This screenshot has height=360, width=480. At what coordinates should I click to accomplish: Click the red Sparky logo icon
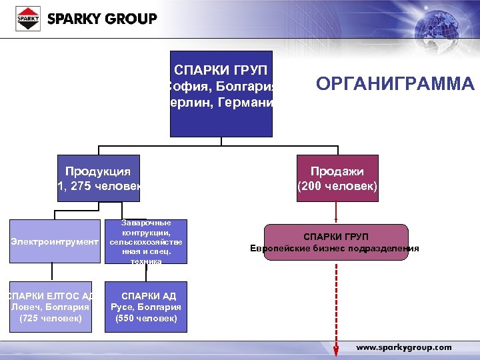(x=28, y=19)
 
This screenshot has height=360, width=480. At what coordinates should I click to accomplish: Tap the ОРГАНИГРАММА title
(x=395, y=84)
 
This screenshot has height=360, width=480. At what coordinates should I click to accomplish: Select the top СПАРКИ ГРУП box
(x=221, y=93)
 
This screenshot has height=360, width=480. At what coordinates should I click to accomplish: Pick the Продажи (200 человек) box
(x=337, y=178)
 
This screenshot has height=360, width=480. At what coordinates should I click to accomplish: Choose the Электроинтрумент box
(x=54, y=241)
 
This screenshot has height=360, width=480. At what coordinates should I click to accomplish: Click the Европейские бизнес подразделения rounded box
(x=335, y=242)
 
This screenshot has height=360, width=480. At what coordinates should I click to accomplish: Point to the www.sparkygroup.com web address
(x=404, y=347)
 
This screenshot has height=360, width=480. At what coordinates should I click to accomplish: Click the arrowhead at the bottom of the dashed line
(x=337, y=351)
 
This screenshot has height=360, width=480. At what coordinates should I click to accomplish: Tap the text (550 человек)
(x=146, y=319)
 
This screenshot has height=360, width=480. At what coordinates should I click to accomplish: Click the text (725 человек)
(x=51, y=319)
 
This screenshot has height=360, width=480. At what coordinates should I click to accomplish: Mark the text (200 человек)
(x=337, y=187)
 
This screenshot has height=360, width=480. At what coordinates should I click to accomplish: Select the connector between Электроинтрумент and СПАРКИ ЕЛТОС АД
(x=54, y=272)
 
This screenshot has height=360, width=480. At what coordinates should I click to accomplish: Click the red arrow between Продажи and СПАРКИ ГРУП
(x=337, y=212)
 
